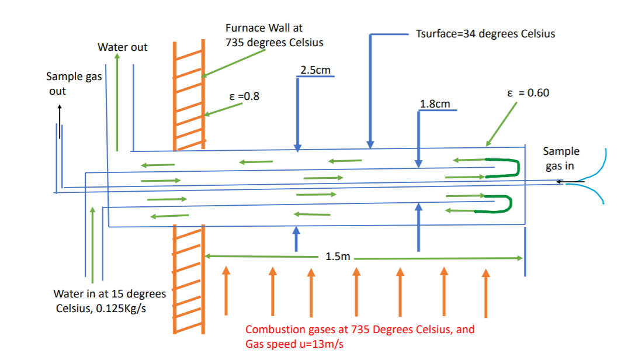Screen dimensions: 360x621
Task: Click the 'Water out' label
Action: pos(122,47)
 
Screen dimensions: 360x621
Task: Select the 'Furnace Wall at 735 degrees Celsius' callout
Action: pos(274,35)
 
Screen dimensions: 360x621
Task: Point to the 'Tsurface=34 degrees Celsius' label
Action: pos(485,33)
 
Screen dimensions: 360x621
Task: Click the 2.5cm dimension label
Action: pos(315,70)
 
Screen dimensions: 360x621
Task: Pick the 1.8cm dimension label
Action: pos(435,104)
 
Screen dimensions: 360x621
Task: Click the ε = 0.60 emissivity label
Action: pos(528,93)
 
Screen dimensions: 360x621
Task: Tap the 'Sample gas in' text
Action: pos(561,158)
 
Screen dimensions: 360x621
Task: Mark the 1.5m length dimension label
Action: pos(337,257)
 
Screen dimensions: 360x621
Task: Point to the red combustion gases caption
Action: pos(359,336)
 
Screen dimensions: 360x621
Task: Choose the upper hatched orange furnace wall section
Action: pos(189,94)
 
